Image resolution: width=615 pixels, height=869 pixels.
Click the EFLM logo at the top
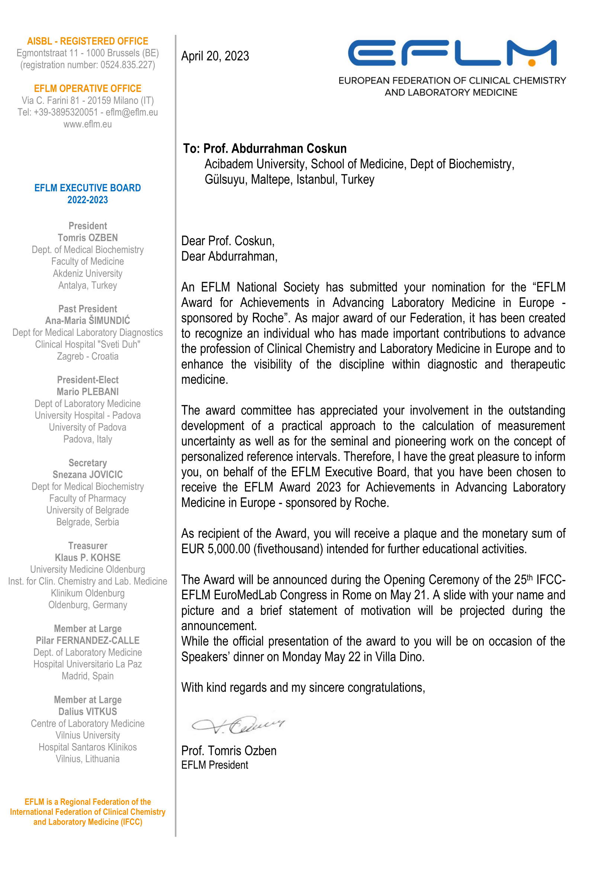click(x=452, y=53)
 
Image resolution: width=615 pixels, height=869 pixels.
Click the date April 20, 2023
click(x=215, y=56)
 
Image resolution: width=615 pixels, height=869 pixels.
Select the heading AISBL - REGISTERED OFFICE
click(x=87, y=41)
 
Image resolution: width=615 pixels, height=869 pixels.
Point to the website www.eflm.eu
click(x=87, y=124)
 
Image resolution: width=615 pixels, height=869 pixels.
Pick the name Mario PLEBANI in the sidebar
click(x=87, y=392)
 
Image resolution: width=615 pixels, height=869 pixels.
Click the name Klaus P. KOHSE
click(x=87, y=558)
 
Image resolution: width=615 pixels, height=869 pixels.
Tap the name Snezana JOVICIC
click(x=87, y=474)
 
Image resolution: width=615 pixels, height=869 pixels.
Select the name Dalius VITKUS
click(x=87, y=711)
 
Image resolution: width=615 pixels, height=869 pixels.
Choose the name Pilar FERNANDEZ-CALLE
click(x=87, y=641)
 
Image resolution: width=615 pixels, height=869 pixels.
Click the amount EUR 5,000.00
click(x=216, y=549)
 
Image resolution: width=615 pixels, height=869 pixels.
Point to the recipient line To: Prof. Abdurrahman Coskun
click(x=265, y=149)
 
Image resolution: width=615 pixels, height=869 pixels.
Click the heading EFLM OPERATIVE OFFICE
click(x=87, y=88)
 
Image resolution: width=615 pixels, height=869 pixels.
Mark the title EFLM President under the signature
click(x=215, y=765)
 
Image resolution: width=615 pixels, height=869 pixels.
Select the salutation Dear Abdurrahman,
click(x=229, y=257)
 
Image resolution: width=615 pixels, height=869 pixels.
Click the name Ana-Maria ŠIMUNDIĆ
click(x=87, y=321)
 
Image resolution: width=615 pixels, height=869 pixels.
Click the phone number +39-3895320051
click(x=65, y=113)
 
